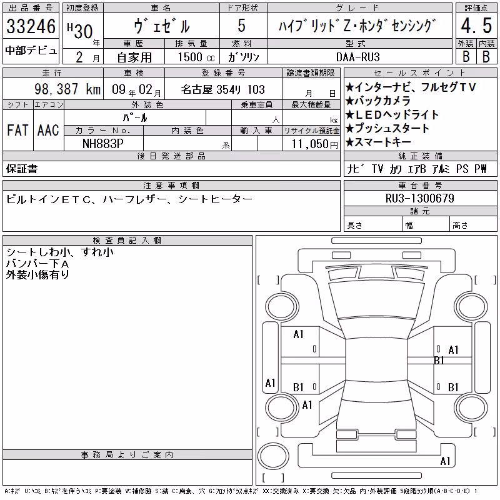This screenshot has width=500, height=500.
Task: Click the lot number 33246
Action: (x=31, y=26)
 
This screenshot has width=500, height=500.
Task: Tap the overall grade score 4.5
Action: (x=476, y=26)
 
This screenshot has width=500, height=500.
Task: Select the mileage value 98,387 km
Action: (x=67, y=89)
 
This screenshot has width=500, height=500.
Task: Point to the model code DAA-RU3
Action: (x=357, y=57)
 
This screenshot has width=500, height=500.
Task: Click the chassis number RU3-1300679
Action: (x=419, y=198)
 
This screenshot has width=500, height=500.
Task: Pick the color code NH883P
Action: (x=102, y=144)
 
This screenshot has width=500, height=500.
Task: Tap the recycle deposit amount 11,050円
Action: (x=314, y=144)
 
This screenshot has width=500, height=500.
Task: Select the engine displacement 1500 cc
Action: (x=196, y=57)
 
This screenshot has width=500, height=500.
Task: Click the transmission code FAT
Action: (x=17, y=130)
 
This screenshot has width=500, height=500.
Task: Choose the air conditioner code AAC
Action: (x=48, y=130)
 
